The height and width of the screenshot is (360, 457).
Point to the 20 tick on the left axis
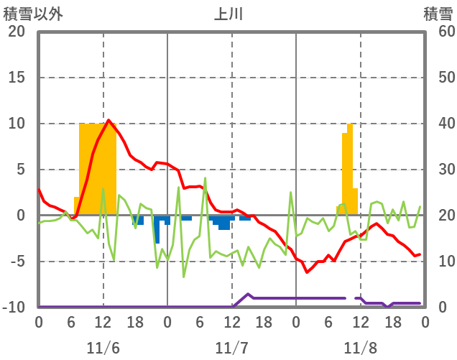click(x=17, y=32)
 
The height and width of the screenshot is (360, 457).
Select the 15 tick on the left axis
click(x=17, y=78)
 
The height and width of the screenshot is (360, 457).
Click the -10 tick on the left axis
click(x=14, y=308)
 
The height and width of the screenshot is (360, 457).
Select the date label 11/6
click(x=103, y=348)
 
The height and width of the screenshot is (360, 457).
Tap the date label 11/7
click(x=231, y=348)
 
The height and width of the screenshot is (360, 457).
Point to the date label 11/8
click(x=360, y=348)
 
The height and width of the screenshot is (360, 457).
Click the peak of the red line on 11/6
click(x=109, y=120)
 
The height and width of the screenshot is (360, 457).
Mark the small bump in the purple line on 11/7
click(x=248, y=294)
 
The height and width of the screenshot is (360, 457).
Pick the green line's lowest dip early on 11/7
click(x=184, y=277)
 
